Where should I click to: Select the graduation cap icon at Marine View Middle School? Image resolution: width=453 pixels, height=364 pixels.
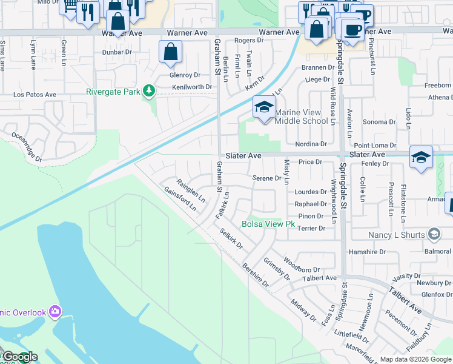coord(263,109)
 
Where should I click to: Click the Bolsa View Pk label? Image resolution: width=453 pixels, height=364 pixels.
coord(268,224)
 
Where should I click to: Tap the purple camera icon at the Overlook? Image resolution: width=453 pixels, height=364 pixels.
coord(55,312)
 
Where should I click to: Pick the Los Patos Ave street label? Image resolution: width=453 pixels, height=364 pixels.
coord(35,95)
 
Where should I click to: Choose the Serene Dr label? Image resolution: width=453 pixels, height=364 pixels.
coord(266,178)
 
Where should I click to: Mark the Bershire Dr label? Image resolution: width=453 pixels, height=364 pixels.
coord(255,274)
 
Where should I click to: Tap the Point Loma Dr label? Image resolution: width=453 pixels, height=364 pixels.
coord(375,146)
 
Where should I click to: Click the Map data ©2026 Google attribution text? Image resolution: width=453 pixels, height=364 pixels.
coord(415,359)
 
